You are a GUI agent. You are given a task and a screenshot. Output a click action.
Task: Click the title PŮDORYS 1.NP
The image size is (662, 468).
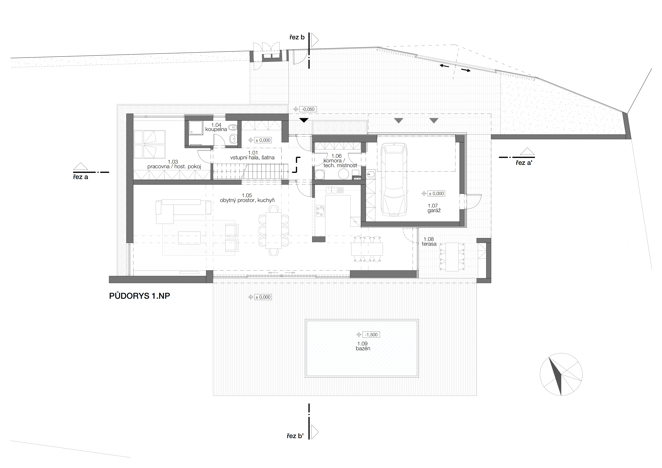[x=140, y=296]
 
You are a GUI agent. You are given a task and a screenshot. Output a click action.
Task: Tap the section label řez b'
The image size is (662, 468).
[x=295, y=436]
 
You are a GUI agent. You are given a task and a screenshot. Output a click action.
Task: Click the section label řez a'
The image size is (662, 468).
[x=524, y=163]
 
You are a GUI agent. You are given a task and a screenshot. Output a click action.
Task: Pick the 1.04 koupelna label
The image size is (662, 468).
[x=216, y=127]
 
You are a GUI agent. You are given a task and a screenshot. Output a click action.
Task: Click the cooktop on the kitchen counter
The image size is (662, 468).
[x=320, y=211]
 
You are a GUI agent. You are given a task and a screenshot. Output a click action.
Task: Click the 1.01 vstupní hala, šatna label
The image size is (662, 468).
[x=252, y=155]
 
